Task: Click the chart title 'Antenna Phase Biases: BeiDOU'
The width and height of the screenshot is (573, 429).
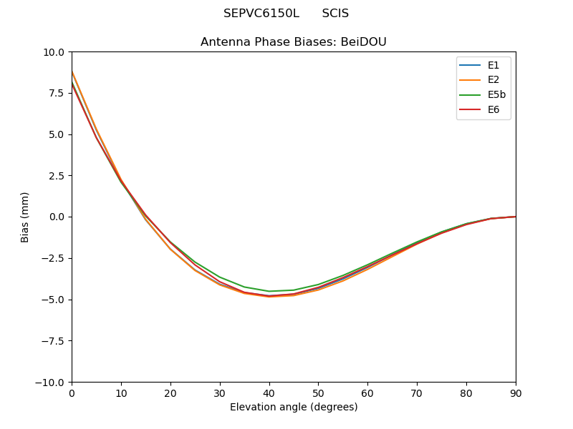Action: pyautogui.click(x=293, y=42)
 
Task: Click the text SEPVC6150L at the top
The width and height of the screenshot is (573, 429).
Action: pyautogui.click(x=261, y=14)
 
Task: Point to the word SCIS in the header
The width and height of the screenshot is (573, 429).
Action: pyautogui.click(x=335, y=14)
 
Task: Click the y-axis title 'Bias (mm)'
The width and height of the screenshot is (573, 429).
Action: pyautogui.click(x=25, y=217)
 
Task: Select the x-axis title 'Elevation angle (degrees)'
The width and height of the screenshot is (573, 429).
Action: pyautogui.click(x=293, y=408)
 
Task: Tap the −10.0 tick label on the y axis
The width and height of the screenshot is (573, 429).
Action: pyautogui.click(x=51, y=382)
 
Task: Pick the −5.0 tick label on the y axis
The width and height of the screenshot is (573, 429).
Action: pyautogui.click(x=54, y=300)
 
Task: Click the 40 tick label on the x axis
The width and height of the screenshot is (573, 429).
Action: pyautogui.click(x=269, y=393)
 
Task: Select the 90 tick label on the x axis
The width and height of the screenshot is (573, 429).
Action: pyautogui.click(x=515, y=393)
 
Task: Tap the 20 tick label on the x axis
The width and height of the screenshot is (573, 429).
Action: pyautogui.click(x=170, y=393)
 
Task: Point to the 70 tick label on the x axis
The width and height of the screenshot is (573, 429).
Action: pyautogui.click(x=417, y=393)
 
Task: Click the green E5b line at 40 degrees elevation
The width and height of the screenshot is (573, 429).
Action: pyautogui.click(x=269, y=291)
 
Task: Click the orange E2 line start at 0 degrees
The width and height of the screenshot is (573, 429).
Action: pyautogui.click(x=72, y=71)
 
